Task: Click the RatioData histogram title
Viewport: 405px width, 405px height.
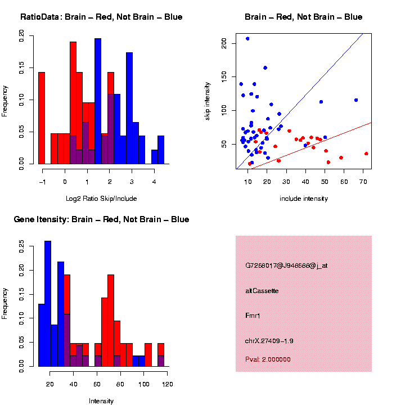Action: (x=101, y=17)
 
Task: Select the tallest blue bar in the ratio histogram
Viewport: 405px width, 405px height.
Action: (x=98, y=101)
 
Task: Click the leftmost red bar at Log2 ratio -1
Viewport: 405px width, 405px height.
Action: (x=42, y=118)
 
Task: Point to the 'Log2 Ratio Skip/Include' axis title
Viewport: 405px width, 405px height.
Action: (x=101, y=199)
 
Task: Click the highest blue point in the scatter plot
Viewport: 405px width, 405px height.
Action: (x=247, y=39)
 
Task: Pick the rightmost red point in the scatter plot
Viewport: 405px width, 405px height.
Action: (x=366, y=154)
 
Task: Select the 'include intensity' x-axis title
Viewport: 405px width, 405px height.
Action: (x=304, y=199)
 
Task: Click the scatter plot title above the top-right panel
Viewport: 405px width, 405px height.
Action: (x=304, y=17)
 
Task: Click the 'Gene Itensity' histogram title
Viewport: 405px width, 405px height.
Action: (x=101, y=219)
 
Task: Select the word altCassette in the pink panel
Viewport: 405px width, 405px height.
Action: (x=262, y=291)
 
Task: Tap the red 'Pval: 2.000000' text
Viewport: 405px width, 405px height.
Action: (x=268, y=359)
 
